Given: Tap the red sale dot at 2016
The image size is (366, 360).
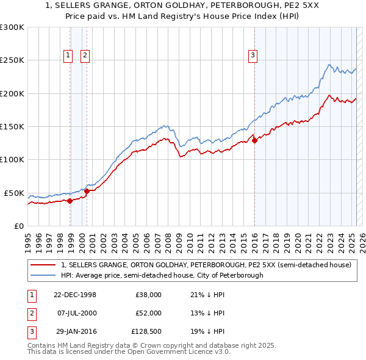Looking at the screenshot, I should tap(254, 141).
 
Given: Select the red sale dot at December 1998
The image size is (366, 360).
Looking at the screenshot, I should tap(70, 200).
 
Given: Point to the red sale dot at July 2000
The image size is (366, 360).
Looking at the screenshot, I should tap(87, 191).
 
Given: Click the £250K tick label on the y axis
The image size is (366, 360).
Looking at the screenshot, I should tap(12, 60).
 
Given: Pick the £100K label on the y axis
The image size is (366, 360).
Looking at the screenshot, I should tap(12, 160).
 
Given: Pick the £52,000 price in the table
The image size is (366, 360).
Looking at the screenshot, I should tap(149, 312).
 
